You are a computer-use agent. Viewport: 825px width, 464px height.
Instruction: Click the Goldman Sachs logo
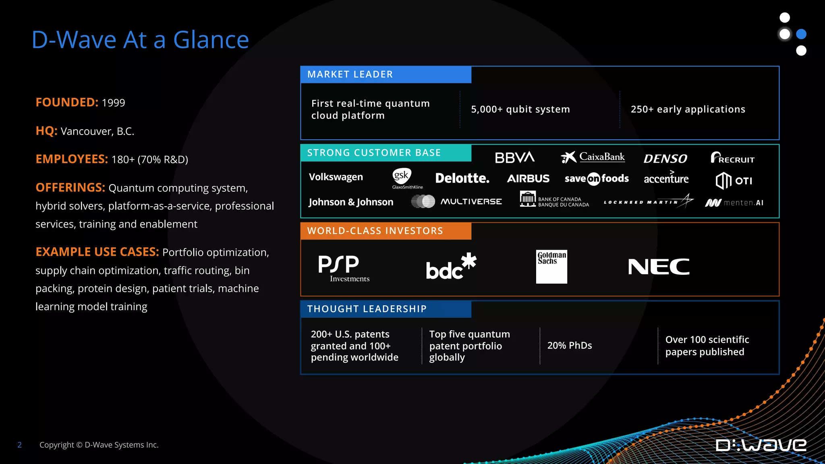tap(551, 266)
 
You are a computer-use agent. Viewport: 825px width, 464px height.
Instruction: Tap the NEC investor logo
tap(659, 267)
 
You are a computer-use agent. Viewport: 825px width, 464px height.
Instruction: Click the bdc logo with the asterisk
tap(451, 266)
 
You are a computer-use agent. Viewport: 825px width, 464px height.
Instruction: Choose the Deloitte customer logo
tap(462, 178)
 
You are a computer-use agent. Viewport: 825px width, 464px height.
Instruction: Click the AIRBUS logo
tap(528, 178)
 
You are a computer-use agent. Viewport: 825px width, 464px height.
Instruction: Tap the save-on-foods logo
tap(596, 178)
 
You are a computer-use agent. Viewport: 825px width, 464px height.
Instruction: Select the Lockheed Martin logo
tap(648, 201)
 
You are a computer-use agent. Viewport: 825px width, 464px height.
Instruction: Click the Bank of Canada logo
tap(554, 199)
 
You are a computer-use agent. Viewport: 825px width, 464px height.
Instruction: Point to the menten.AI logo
tap(734, 203)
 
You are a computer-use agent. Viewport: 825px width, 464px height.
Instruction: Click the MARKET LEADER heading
tap(350, 75)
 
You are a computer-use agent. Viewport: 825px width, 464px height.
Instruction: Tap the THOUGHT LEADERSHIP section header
tap(367, 309)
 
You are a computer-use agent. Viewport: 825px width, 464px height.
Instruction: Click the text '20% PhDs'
tap(569, 346)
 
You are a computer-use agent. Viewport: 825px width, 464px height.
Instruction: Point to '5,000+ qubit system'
tap(520, 109)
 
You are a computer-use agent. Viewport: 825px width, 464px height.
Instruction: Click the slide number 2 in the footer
tap(19, 445)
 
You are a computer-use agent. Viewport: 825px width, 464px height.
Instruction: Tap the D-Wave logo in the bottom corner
tap(761, 445)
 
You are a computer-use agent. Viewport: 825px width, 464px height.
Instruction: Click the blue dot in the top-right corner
tap(801, 34)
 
